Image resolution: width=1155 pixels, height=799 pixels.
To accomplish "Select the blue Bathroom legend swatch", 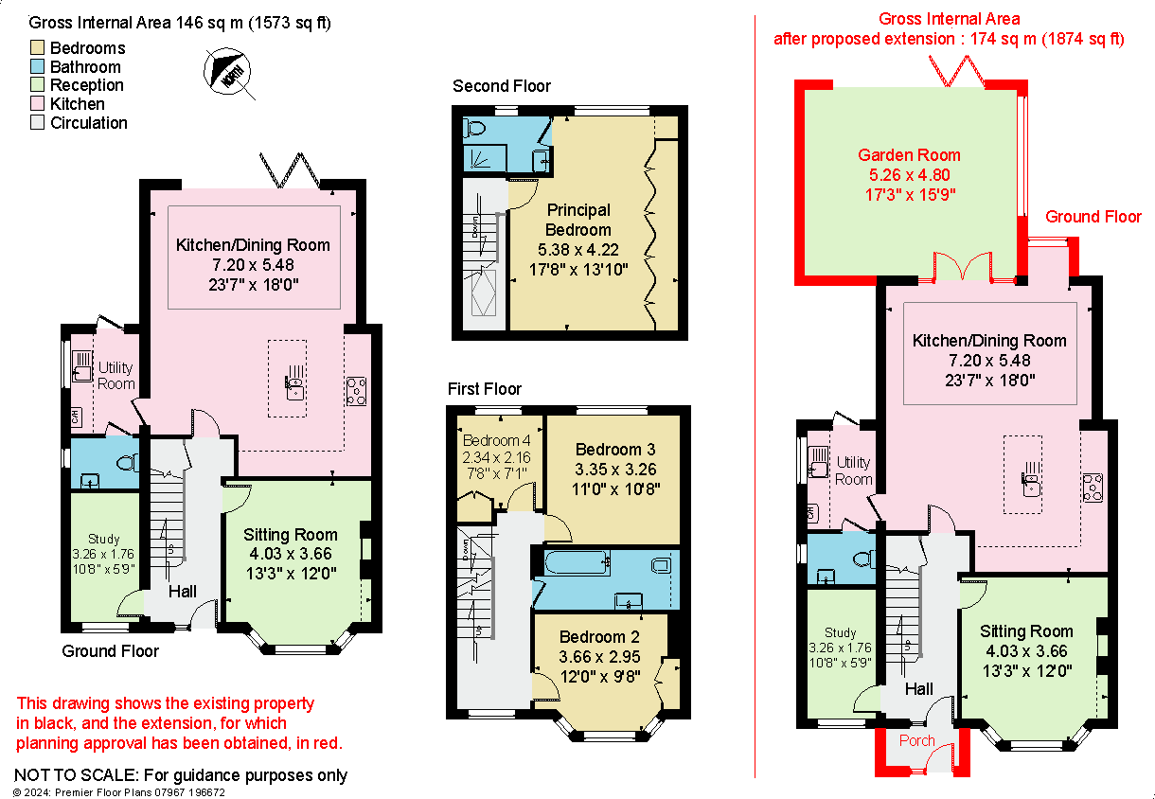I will click(x=38, y=67).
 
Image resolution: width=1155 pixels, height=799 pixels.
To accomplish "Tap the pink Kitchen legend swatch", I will click(x=38, y=104).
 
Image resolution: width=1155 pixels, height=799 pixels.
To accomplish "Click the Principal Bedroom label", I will click(x=577, y=220).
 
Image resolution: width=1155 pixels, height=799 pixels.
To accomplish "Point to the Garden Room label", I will click(x=909, y=155).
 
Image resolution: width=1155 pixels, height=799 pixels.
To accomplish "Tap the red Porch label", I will click(x=916, y=740).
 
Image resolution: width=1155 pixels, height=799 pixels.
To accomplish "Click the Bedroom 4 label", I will click(x=496, y=440).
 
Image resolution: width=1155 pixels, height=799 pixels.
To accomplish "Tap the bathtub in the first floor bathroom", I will click(x=577, y=565).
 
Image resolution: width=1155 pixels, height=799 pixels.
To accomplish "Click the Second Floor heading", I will click(x=502, y=86).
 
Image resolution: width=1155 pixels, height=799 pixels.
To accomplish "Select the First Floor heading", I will click(x=485, y=389).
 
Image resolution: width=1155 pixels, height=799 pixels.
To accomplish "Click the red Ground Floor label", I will click(x=1093, y=217).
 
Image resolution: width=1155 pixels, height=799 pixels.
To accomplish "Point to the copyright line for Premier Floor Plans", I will click(x=119, y=792).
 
